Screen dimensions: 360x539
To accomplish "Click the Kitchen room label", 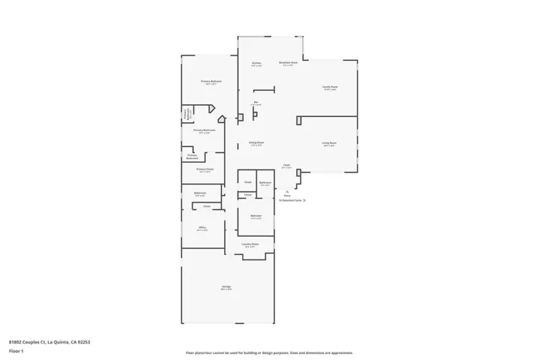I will point(256,63).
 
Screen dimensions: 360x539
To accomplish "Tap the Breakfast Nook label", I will point(288,63).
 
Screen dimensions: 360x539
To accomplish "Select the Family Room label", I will point(330,87).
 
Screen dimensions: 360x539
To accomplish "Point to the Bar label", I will point(256,102).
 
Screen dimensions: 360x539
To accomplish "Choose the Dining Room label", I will point(256,142).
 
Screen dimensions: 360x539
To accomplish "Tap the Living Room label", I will point(329,142).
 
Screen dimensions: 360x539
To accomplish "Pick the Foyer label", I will point(286,165).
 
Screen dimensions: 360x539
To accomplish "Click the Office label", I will point(202,227).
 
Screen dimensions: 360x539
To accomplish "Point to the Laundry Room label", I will point(250,244).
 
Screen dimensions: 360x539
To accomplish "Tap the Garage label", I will point(226,287).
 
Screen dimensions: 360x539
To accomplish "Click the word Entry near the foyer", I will point(287,196).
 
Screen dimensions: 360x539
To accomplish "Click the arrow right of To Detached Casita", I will point(304,201).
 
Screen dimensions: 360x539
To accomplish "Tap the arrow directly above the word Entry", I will point(287,191).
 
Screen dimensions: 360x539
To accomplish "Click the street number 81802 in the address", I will point(16,341).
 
